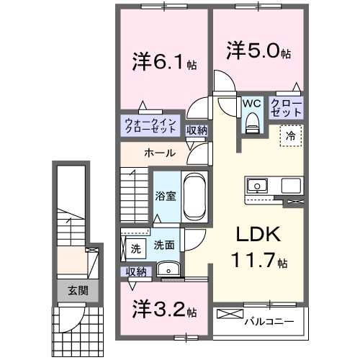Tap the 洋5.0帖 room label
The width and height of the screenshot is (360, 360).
(260, 52)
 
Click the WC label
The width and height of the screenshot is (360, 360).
(251, 103)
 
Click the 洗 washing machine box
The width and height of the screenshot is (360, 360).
(135, 249)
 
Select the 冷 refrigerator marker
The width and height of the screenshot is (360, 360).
(291, 135)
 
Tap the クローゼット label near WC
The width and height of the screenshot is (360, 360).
(287, 108)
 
